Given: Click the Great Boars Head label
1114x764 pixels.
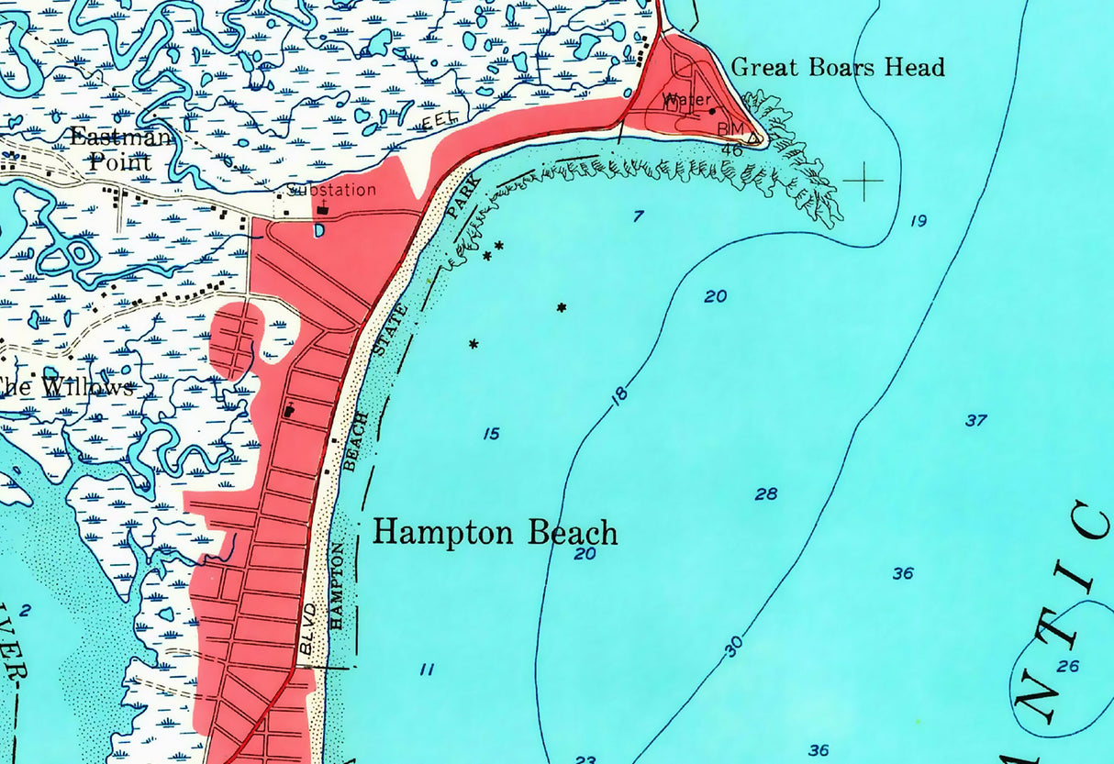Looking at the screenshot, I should coord(838,67).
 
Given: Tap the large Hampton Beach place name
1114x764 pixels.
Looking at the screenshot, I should coord(495,533).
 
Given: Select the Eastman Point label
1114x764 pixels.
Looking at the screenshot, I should coord(120,149).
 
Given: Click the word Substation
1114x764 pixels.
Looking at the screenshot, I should coord(332,190).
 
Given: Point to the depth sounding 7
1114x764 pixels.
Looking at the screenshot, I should coord(638,216).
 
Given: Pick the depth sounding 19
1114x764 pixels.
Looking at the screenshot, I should coord(919,220).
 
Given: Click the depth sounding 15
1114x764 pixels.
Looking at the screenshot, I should coord(492,433).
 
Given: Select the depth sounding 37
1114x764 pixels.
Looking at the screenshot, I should coord(975,420).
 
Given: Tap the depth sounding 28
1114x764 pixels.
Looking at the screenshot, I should coord(766,494).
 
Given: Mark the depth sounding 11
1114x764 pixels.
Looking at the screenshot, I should coord(427,670).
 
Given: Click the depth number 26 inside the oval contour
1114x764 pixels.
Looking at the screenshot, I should coord(1067,666).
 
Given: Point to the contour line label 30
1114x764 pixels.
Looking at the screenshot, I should coord(733,648).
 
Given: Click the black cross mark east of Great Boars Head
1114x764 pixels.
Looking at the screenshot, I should coord(863,182).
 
